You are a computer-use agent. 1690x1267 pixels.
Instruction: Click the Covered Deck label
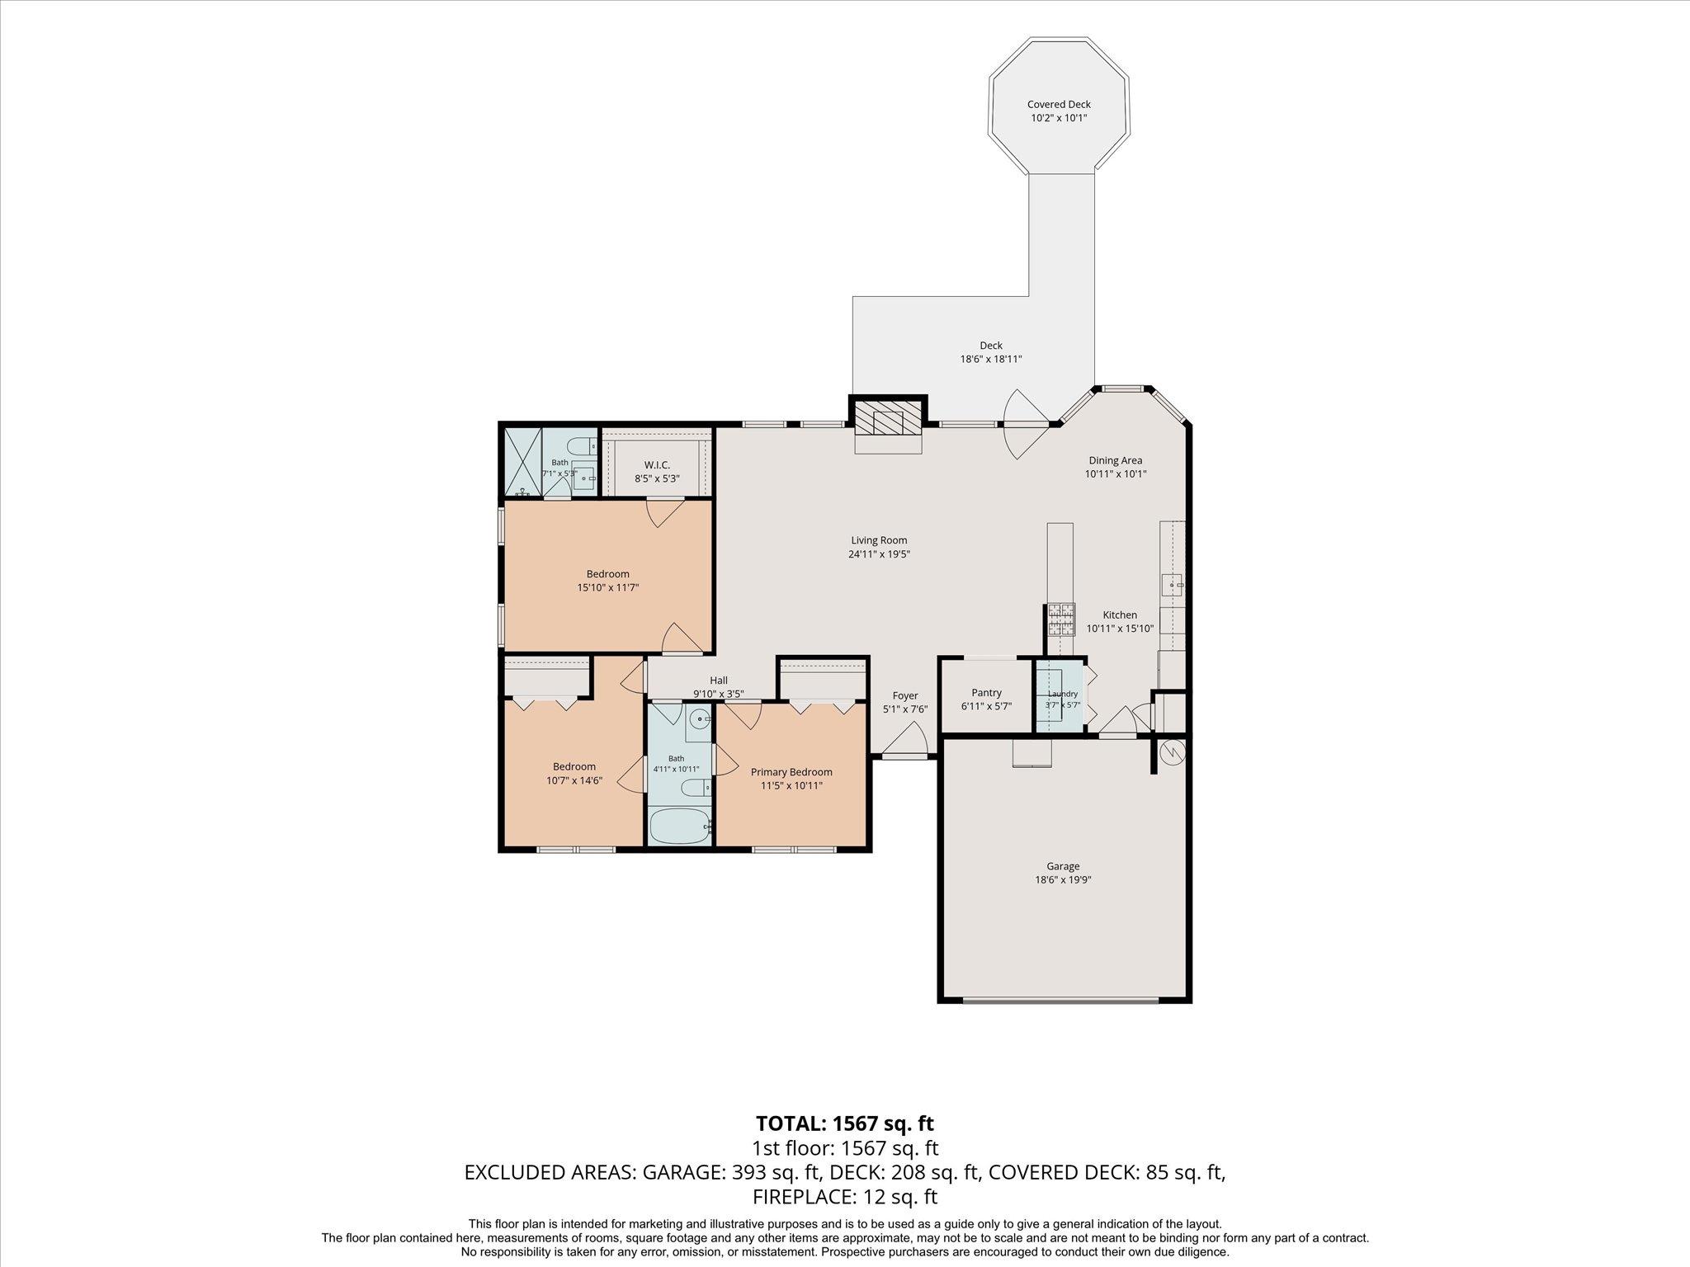1059,105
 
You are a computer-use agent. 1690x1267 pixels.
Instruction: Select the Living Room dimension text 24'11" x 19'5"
879,554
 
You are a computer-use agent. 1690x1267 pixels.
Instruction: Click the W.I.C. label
657,465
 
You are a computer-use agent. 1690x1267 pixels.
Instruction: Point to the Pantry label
986,693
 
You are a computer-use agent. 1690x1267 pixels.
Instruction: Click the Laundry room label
1062,695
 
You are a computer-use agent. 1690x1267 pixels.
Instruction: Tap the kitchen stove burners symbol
1062,619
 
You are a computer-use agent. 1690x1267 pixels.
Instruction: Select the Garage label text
1063,866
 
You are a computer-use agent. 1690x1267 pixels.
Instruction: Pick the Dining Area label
1115,460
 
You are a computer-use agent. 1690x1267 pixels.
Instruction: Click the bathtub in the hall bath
679,827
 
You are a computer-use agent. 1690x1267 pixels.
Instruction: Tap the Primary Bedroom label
791,772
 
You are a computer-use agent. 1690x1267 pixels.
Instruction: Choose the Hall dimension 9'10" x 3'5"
719,695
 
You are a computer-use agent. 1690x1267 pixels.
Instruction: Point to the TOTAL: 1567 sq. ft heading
845,1123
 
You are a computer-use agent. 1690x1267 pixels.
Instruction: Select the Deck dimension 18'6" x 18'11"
991,359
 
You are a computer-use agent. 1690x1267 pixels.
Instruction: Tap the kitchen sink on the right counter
1173,584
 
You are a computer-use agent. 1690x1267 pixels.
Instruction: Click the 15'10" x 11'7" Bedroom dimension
608,587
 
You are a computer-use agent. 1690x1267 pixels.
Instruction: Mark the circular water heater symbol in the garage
1173,751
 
